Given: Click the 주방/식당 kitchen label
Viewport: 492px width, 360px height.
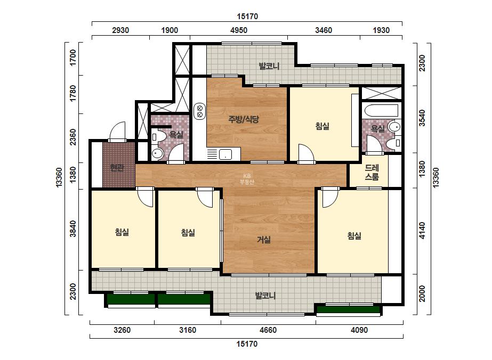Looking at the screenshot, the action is pos(244,119).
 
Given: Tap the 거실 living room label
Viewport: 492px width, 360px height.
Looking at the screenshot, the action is pos(264,240).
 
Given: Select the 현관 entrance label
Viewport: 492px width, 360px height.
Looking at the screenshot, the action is pos(117,168).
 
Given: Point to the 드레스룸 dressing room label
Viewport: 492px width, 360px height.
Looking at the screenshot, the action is pos(372,172).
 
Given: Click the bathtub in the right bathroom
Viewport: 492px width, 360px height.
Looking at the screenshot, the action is pos(381,110).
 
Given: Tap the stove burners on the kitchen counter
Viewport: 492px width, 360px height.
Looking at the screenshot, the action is pos(199,111).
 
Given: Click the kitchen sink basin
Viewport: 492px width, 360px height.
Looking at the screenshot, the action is pos(225,154).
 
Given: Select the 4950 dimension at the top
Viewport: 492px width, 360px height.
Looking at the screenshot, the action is pos(239,30).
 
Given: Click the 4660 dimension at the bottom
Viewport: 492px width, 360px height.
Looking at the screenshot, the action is pos(268,330).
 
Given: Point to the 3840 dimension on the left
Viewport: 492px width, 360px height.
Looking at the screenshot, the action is pos(73,228).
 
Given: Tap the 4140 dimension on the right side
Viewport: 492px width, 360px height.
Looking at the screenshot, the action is pos(422,231).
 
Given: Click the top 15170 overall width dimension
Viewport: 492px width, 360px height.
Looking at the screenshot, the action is pos(247,17).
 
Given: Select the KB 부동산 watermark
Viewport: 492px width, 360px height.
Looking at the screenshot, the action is pos(247,179).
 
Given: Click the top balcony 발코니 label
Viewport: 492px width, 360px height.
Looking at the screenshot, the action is pos(269,66).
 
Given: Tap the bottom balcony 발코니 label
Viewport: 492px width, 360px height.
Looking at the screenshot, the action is pos(265,296).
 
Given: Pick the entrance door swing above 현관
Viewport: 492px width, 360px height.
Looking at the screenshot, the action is pos(117,132).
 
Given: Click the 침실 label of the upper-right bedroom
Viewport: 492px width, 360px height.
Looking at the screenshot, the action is pos(322,126).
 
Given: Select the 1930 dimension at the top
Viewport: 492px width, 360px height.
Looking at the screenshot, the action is pos(381,30).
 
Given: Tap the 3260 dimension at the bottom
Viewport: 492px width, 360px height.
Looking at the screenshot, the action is pos(122,330).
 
